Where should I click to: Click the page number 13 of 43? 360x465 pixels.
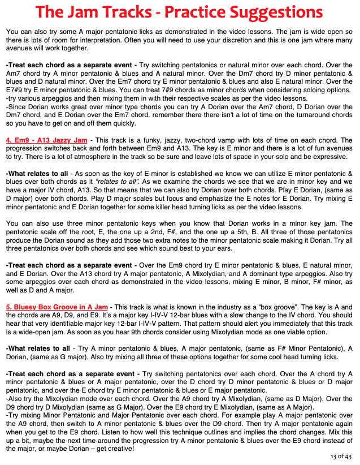(x=341, y=457)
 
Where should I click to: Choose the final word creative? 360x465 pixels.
(x=119, y=449)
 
